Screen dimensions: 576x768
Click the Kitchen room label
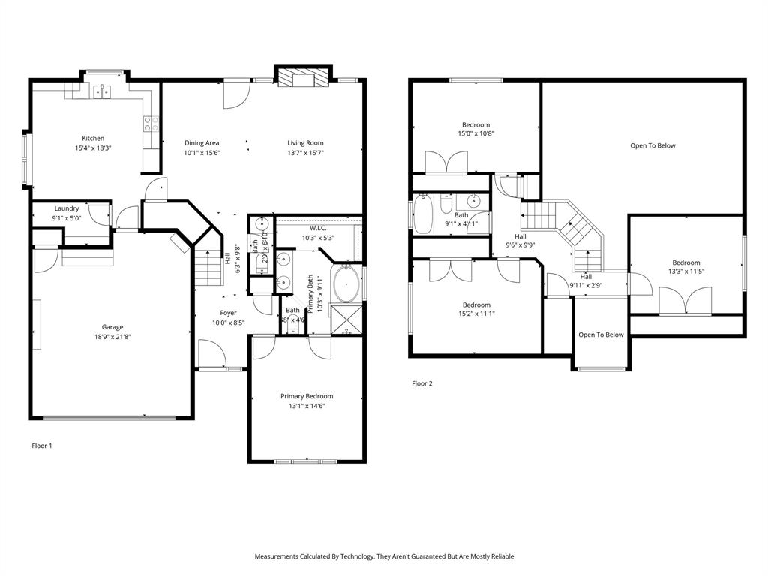pos(93,138)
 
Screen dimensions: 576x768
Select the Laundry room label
pos(67,208)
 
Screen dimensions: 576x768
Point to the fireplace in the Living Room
pos(303,76)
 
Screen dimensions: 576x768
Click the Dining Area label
pos(202,142)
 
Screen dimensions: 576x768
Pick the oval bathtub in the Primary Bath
pos(346,283)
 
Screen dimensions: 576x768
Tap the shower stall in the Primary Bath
pos(346,319)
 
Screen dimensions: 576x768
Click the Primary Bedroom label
pos(307,396)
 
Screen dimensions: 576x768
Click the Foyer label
pos(228,313)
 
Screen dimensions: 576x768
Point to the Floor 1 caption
pos(42,445)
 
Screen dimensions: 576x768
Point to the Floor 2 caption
pos(422,383)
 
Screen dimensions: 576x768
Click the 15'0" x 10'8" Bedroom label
pos(475,124)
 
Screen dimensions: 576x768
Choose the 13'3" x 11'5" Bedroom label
pos(685,262)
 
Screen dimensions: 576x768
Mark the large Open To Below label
pos(652,145)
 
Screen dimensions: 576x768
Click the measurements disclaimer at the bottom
pos(384,556)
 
